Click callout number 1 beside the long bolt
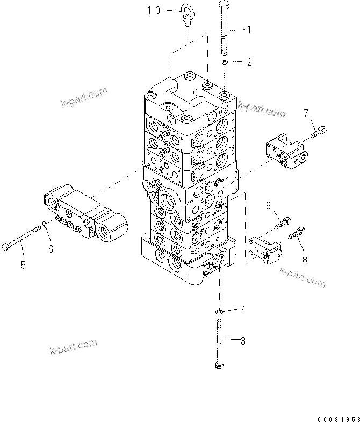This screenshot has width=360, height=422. pyautogui.click(x=249, y=31)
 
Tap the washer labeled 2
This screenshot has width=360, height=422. pyautogui.click(x=224, y=63)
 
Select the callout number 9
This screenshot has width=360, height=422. pyautogui.click(x=268, y=204)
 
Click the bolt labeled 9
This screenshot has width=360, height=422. pyautogui.click(x=283, y=221)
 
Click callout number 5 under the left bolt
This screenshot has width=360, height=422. pyautogui.click(x=23, y=264)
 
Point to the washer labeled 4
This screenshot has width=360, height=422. pyautogui.click(x=220, y=312)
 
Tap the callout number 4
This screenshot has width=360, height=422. pyautogui.click(x=243, y=309)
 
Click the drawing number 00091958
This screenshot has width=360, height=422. pyautogui.click(x=337, y=417)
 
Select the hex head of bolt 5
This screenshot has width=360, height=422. pyautogui.click(x=6, y=247)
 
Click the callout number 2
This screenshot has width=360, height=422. pyautogui.click(x=249, y=62)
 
